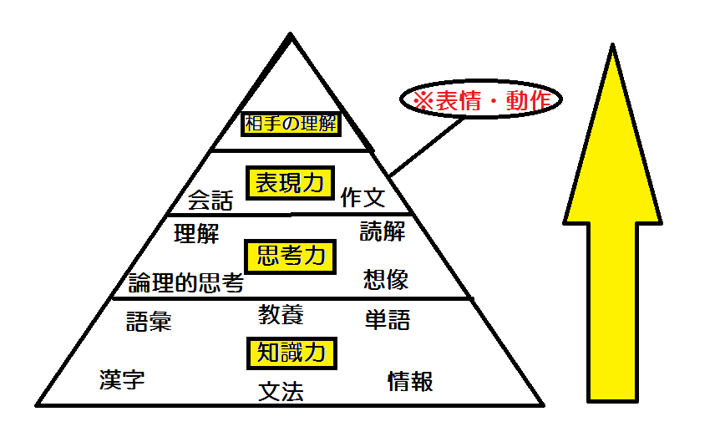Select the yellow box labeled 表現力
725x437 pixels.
point(289,184)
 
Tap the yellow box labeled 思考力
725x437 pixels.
point(290,256)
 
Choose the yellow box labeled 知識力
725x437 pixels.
point(291,353)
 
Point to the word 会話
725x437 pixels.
point(210,201)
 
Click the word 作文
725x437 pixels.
point(362,197)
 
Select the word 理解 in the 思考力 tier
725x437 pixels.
point(196,233)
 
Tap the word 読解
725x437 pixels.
point(383,231)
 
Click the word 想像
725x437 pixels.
point(386,279)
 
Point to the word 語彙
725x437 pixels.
point(149,322)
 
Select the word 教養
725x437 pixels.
point(281,315)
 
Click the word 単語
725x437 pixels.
point(388,319)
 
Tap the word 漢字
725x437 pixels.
point(122,380)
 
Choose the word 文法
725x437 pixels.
point(281,391)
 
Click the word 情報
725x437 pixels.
point(410,382)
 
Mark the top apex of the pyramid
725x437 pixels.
point(290,35)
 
